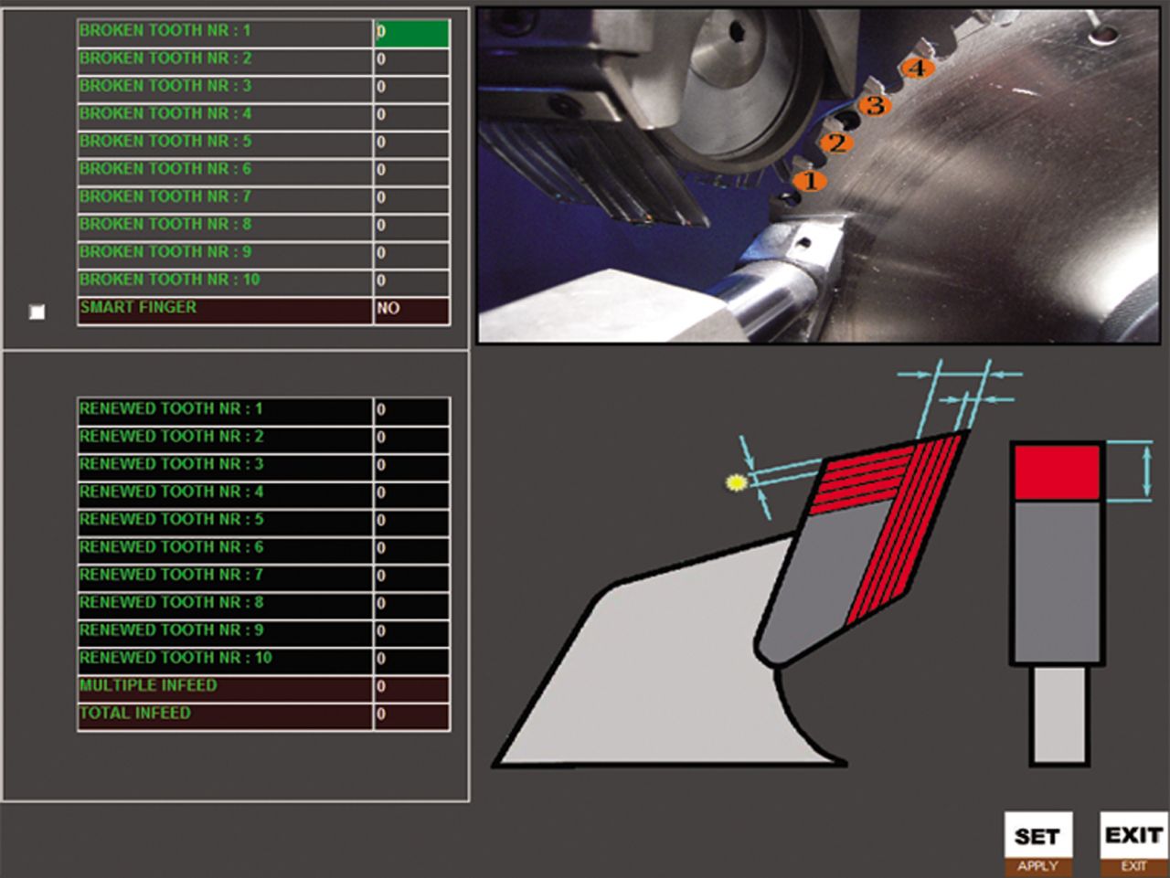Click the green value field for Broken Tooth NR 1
(411, 33)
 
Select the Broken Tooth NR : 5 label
(165, 142)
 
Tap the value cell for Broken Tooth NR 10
(411, 282)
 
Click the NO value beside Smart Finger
(411, 310)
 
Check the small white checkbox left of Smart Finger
(37, 312)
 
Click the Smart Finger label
(138, 307)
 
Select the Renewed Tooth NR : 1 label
(171, 408)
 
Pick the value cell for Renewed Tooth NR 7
(411, 577)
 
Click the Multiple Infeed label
(148, 685)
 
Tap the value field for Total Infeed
(411, 715)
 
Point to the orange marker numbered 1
(810, 181)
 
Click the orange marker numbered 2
(836, 143)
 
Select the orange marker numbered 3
(875, 105)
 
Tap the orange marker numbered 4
(917, 68)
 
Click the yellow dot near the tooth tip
(737, 482)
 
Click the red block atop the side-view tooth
(1057, 473)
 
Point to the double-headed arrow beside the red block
(1147, 472)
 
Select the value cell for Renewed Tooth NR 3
(411, 466)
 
